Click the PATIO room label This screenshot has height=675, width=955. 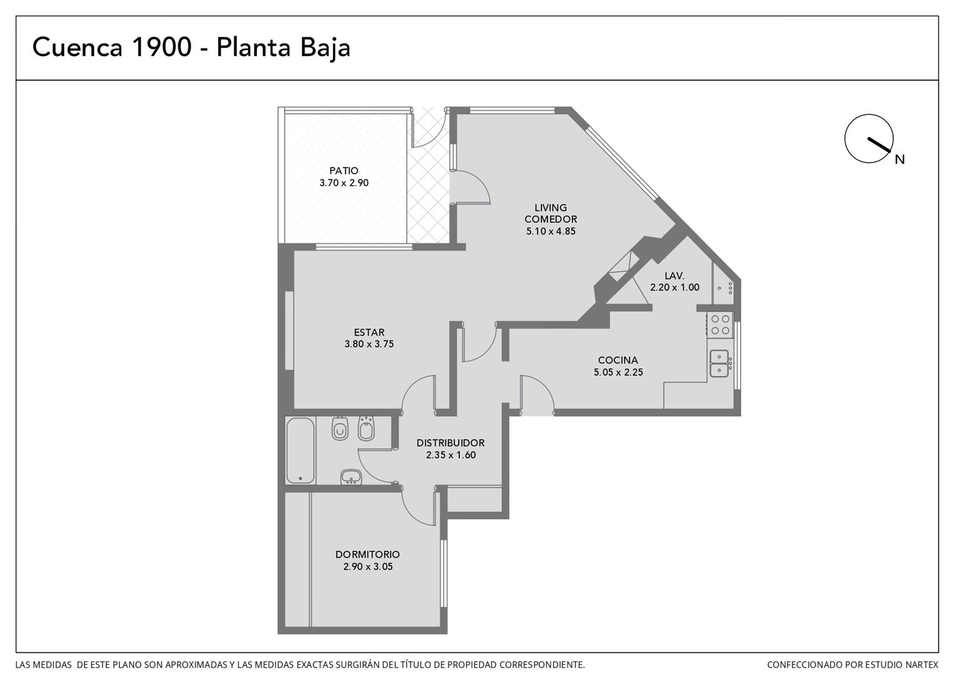coord(344,171)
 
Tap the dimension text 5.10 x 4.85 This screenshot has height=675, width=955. coord(551,231)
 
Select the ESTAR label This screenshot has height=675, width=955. coord(369,332)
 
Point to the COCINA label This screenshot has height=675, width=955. coord(617,361)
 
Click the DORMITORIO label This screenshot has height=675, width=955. coord(367,554)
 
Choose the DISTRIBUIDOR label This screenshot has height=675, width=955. coord(451,442)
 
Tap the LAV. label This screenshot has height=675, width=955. coord(674,276)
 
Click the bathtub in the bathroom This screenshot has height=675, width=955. coord(301,451)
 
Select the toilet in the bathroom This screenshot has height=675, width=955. coord(340,428)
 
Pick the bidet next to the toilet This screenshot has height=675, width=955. coord(366,428)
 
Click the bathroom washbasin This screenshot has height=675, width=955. coord(351,477)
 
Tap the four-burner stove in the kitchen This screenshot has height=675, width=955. coord(720,324)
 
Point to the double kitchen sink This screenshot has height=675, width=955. coord(719,363)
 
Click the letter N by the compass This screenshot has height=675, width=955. coord(899,159)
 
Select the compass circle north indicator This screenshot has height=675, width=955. coord(869,139)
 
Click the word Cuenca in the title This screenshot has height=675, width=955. coord(77,47)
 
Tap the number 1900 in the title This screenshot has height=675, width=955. coord(162,47)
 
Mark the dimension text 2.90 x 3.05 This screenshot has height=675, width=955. coord(368,567)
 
